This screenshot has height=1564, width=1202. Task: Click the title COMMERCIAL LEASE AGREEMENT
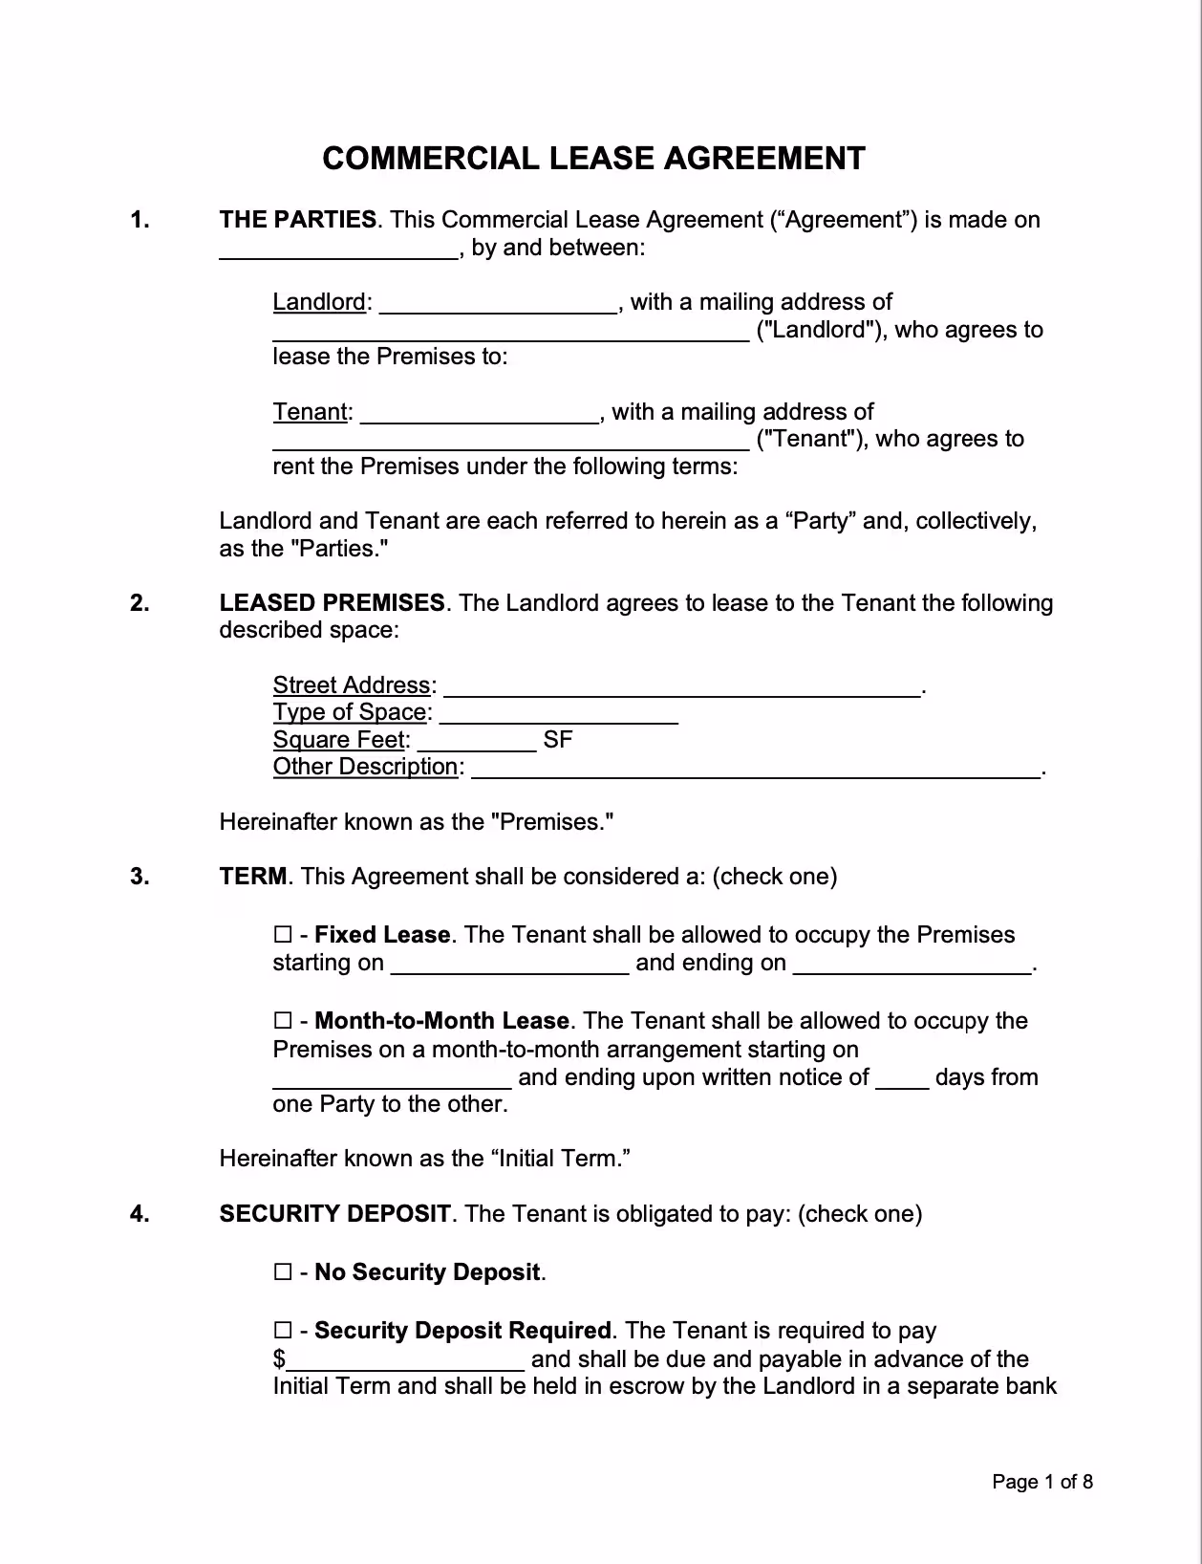(x=593, y=159)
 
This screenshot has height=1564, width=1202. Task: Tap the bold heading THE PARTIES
(x=297, y=220)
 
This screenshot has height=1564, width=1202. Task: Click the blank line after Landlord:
(x=498, y=304)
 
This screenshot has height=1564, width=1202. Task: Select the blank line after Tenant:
(x=479, y=414)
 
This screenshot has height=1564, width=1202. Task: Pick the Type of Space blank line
(x=559, y=714)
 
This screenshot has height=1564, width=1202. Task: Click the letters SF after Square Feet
(x=557, y=740)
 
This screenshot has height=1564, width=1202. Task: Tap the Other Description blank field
(x=756, y=769)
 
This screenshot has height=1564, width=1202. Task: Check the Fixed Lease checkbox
(x=282, y=935)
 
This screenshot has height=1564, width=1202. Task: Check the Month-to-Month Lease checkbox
(x=282, y=1021)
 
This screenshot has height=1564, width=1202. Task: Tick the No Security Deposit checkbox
(x=282, y=1272)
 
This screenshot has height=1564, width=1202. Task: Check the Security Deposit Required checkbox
(x=282, y=1331)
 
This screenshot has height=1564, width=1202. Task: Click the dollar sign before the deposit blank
(x=279, y=1359)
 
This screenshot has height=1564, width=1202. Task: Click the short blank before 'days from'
(x=902, y=1079)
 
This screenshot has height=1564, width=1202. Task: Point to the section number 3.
(x=140, y=877)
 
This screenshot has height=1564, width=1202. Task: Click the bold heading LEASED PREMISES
(x=332, y=603)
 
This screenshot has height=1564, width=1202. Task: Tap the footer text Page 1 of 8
(x=1041, y=1482)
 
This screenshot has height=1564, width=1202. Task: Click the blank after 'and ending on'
(x=912, y=965)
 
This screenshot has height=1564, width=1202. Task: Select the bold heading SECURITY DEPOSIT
(x=334, y=1214)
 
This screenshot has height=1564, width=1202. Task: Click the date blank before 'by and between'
(x=339, y=250)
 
